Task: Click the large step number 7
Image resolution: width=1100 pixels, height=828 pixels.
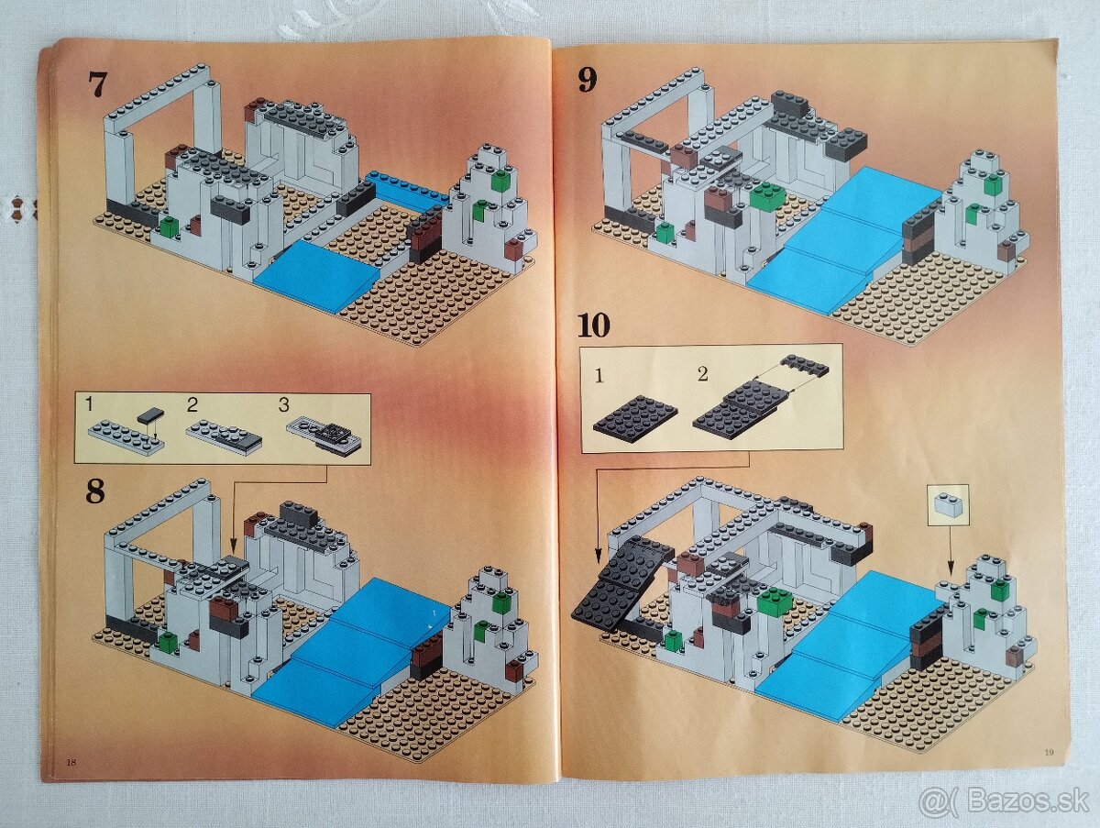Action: click(97, 83)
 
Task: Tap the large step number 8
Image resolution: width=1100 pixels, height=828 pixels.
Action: click(94, 491)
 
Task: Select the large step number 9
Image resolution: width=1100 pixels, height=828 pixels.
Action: click(587, 80)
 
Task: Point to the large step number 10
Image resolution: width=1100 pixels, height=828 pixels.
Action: click(594, 325)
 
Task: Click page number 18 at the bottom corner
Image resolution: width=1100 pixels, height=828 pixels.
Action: click(71, 762)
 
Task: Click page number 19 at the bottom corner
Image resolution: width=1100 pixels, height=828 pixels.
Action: click(1049, 753)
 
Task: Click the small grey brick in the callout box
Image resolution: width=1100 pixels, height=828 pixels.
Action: click(948, 502)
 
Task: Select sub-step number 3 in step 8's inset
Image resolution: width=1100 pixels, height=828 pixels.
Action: click(285, 403)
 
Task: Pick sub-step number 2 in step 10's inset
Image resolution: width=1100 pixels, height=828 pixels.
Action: click(702, 373)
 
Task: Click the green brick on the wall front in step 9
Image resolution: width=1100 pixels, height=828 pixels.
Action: click(767, 194)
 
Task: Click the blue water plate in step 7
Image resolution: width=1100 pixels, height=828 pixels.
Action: click(314, 274)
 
